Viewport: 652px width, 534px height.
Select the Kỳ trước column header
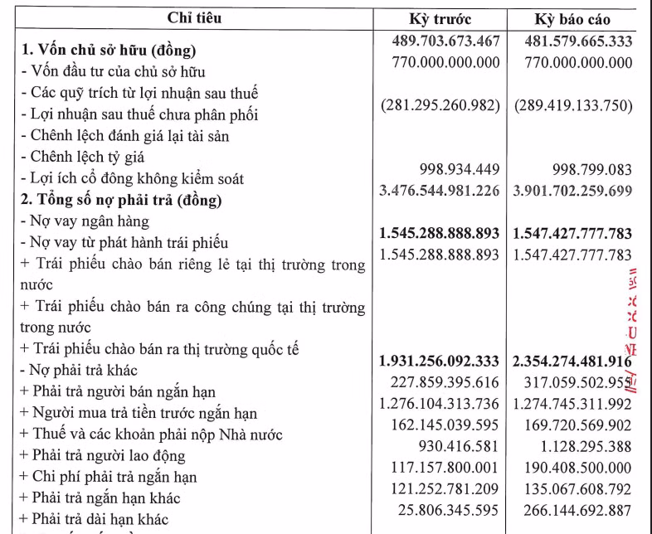(440, 19)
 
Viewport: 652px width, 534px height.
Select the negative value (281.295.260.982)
(440, 106)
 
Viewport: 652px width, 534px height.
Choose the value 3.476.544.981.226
(440, 191)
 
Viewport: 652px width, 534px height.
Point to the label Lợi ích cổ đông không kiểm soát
(132, 178)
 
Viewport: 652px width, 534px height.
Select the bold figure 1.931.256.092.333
(440, 362)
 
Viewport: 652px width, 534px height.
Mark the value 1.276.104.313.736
(440, 404)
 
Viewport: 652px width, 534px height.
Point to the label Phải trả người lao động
(103, 455)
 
